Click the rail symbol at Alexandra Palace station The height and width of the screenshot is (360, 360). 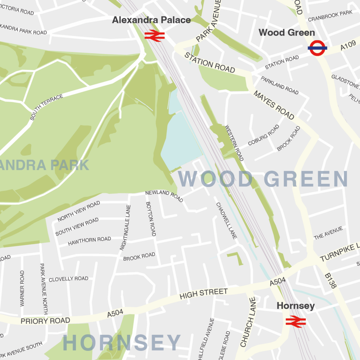pos(155,36)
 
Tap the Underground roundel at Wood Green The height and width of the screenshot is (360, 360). pos(317,48)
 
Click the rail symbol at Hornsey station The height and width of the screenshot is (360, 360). pos(296,321)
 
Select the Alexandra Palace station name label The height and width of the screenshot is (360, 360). pos(151,20)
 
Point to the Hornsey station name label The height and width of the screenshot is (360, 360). pos(296,306)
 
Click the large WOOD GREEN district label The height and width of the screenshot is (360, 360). pos(263,179)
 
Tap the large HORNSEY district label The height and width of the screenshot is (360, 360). pos(122,343)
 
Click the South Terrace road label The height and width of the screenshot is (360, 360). pos(46,107)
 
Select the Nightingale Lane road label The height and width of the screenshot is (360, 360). pos(125,227)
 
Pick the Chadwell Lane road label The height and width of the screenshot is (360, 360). pos(226,221)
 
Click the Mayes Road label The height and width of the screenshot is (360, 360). pos(274,105)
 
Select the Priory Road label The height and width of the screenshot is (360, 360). pos(45,321)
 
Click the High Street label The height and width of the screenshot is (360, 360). pos(204,294)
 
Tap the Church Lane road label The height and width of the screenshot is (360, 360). pos(248,322)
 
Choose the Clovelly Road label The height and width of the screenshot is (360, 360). pos(69,279)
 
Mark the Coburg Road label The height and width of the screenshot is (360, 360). pos(263,135)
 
